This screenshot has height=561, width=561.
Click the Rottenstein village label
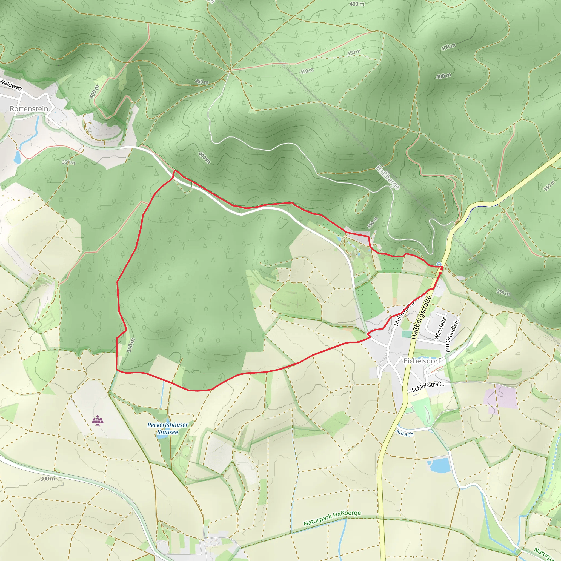29,109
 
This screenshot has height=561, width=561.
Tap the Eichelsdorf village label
422,361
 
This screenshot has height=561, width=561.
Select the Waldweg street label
11,84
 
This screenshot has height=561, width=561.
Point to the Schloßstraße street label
428,387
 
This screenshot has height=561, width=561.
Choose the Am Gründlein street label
452,335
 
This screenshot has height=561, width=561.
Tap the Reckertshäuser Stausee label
168,428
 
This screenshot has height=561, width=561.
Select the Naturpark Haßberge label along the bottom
332,518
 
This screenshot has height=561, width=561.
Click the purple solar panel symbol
98,420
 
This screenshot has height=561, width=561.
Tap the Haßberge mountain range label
388,177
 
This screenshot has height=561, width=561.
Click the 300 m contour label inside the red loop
131,345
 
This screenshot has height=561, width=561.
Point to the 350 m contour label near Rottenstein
68,162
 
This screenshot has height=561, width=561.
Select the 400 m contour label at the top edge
357,4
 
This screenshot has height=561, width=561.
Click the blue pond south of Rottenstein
17,157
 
